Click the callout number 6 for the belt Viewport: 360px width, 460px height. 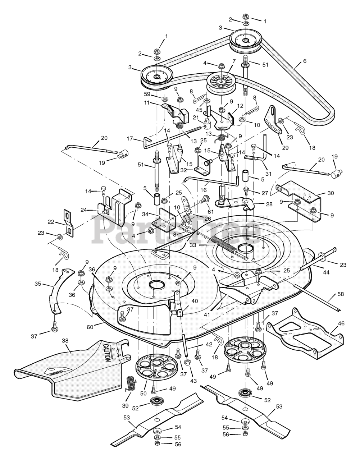305,61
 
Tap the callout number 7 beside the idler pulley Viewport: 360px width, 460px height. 234,61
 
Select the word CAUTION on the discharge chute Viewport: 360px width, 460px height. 107,353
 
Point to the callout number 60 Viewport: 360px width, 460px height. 90,327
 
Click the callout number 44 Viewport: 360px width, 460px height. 326,272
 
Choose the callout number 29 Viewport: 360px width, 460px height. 285,148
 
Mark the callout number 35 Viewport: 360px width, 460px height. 38,284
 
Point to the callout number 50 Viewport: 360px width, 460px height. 143,394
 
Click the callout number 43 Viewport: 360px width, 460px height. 193,381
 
